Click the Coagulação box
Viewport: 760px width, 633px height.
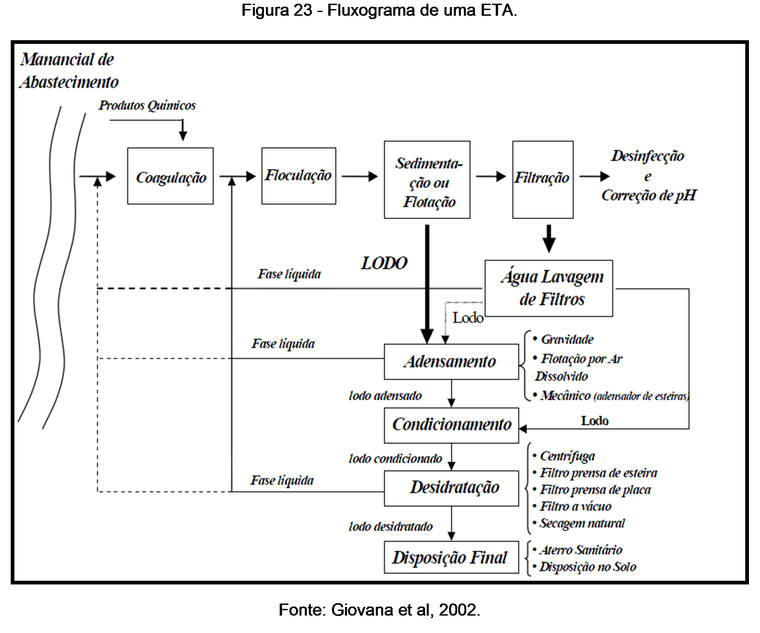pos(170,176)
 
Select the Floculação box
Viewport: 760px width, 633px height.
pos(298,176)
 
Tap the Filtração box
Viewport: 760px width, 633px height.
pos(543,180)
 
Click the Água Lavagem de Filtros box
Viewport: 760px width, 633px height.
pos(549,288)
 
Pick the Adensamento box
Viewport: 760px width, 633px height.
pos(451,362)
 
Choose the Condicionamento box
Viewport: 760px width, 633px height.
pos(451,425)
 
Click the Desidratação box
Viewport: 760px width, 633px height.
pos(451,488)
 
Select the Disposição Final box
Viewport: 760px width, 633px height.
pos(451,557)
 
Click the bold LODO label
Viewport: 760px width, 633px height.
pos(384,263)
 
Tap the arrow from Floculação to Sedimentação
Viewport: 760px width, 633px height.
pos(359,177)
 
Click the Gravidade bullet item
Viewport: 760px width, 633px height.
pos(567,340)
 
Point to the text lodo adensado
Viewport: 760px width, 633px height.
pos(385,396)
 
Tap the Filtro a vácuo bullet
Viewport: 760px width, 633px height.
pos(575,506)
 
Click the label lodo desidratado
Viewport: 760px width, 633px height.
pos(391,526)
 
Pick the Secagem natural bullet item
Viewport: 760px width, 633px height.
pos(582,523)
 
